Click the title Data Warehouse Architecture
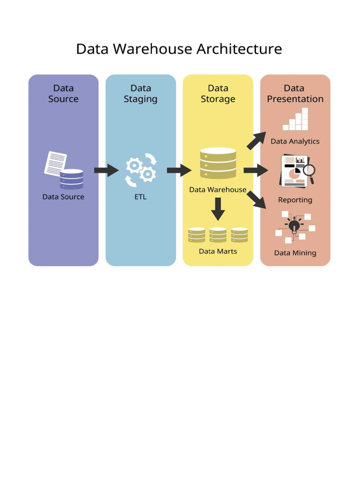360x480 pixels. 179,49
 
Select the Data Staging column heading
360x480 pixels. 141,93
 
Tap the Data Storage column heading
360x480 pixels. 217,93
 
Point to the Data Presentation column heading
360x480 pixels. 295,93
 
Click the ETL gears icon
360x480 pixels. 141,170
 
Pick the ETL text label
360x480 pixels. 141,197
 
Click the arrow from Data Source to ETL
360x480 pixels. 106,170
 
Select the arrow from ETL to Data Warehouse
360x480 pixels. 179,170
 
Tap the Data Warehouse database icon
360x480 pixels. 217,163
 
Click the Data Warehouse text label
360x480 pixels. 217,190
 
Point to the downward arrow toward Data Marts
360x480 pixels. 217,209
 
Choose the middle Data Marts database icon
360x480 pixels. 217,235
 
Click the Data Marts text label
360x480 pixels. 217,251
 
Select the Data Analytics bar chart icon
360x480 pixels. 296,120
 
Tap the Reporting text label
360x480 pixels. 295,200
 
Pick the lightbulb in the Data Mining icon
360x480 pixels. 294,226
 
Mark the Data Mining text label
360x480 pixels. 295,253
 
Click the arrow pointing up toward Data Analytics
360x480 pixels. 256,141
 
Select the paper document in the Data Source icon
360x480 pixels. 54,162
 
